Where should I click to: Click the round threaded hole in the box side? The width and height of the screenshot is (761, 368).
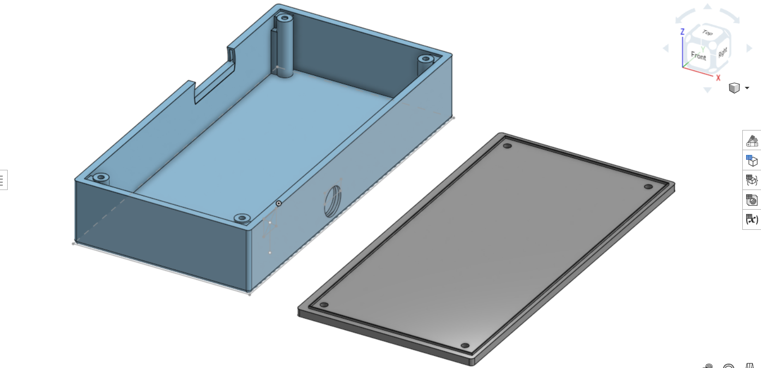[x=332, y=201]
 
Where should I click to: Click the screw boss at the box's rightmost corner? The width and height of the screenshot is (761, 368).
[x=425, y=60]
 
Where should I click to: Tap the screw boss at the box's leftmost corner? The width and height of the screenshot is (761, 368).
[x=101, y=178]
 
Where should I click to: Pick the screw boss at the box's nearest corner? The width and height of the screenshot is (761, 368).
[x=242, y=218]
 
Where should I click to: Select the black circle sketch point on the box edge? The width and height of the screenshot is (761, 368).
[x=279, y=203]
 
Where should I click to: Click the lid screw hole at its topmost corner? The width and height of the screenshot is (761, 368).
[x=507, y=146]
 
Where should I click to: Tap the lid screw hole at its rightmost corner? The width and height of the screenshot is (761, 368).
[x=648, y=187]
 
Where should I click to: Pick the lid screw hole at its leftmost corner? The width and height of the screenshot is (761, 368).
[x=324, y=305]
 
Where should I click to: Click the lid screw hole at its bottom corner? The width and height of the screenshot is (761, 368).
[x=465, y=345]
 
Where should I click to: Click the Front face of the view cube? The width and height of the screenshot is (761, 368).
[x=699, y=56]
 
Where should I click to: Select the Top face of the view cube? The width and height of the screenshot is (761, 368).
[x=707, y=33]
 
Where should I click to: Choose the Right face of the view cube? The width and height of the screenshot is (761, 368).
[x=723, y=52]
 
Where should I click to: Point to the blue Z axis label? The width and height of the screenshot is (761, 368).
[x=682, y=32]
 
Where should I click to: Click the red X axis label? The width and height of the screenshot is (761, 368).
[x=718, y=78]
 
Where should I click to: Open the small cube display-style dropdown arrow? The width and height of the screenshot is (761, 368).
[x=747, y=88]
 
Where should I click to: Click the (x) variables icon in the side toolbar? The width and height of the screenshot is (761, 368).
[x=751, y=219]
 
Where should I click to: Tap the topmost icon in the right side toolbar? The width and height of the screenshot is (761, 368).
[x=751, y=141]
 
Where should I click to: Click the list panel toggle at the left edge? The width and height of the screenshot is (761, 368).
[x=2, y=180]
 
